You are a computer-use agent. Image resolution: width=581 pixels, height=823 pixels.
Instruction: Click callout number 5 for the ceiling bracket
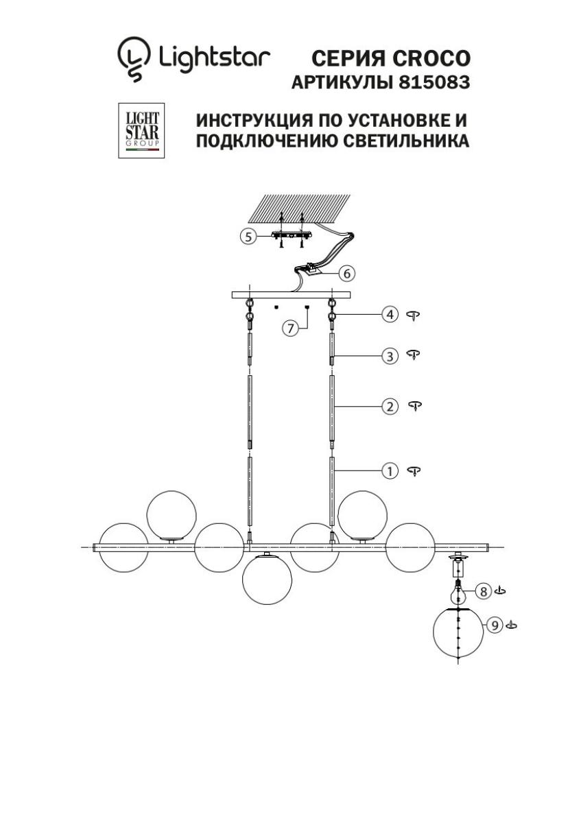click(x=248, y=237)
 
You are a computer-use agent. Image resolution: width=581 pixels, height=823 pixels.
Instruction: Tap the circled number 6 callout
click(x=347, y=274)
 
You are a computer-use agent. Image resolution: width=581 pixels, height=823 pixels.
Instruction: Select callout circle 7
click(x=290, y=328)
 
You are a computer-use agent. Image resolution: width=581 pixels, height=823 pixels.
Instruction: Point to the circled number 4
click(x=390, y=315)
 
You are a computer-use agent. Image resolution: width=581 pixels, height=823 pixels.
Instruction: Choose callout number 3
click(x=390, y=356)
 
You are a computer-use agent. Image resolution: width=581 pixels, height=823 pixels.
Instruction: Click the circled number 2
click(x=390, y=407)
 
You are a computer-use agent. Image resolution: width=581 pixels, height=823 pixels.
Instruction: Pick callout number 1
click(x=390, y=471)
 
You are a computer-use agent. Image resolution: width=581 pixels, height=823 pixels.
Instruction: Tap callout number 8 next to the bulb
click(x=483, y=591)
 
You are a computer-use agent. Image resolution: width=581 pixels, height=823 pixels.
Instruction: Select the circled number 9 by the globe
click(x=495, y=625)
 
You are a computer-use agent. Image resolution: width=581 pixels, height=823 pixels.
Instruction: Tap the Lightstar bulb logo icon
click(x=134, y=59)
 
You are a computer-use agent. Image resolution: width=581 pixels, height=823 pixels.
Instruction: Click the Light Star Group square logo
click(x=141, y=130)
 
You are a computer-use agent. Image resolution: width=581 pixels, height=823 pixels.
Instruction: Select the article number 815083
click(x=434, y=83)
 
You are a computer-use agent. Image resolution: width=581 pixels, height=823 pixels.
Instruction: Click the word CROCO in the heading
click(x=431, y=58)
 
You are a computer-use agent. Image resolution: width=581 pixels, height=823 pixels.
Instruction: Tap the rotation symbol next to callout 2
click(x=415, y=405)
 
